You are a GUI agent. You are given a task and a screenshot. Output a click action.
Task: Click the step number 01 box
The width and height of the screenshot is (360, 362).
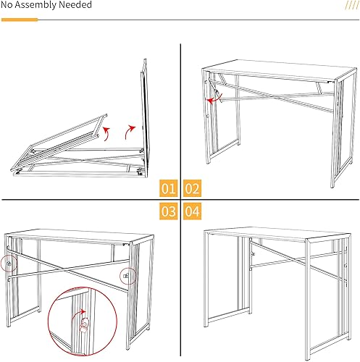pyautogui.click(x=168, y=190)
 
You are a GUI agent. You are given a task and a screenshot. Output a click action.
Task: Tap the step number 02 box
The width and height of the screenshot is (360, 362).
pyautogui.click(x=191, y=190)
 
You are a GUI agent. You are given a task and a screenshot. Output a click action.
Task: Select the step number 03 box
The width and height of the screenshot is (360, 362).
pyautogui.click(x=168, y=213)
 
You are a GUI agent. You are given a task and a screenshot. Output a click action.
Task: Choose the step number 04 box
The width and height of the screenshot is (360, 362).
pyautogui.click(x=191, y=213)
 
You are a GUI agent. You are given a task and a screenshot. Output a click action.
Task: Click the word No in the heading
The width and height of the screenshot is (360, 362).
pyautogui.click(x=9, y=6)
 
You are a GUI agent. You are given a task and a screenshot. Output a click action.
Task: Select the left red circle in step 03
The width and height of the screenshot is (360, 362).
pyautogui.click(x=9, y=264)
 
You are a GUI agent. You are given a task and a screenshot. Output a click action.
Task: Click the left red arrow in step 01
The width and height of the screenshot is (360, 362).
pyautogui.click(x=106, y=132)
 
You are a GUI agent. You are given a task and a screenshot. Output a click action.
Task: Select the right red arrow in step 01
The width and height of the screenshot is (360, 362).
pyautogui.click(x=130, y=130)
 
